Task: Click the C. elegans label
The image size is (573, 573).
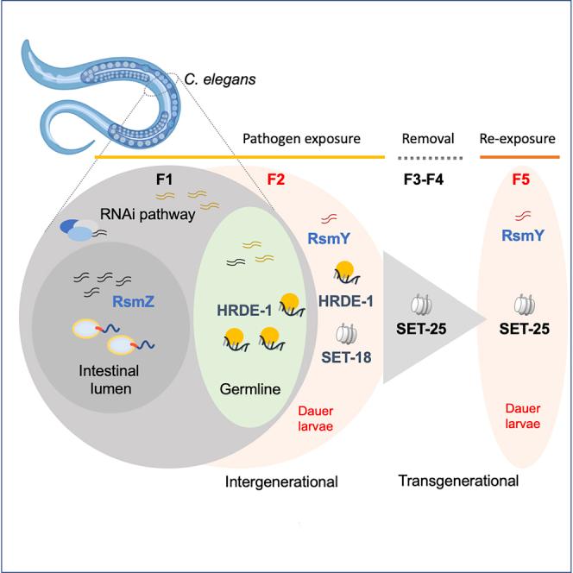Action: pyautogui.click(x=219, y=80)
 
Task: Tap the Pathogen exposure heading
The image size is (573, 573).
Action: pyautogui.click(x=300, y=139)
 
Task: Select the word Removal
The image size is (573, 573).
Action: pyautogui.click(x=428, y=139)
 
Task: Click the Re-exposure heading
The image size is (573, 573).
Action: pyautogui.click(x=517, y=139)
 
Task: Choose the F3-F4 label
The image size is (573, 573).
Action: pyautogui.click(x=428, y=183)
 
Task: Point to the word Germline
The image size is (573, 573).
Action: pyautogui.click(x=250, y=389)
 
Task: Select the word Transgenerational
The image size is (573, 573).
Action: pyautogui.click(x=458, y=480)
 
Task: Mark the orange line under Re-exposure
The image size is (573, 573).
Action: pyautogui.click(x=517, y=158)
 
